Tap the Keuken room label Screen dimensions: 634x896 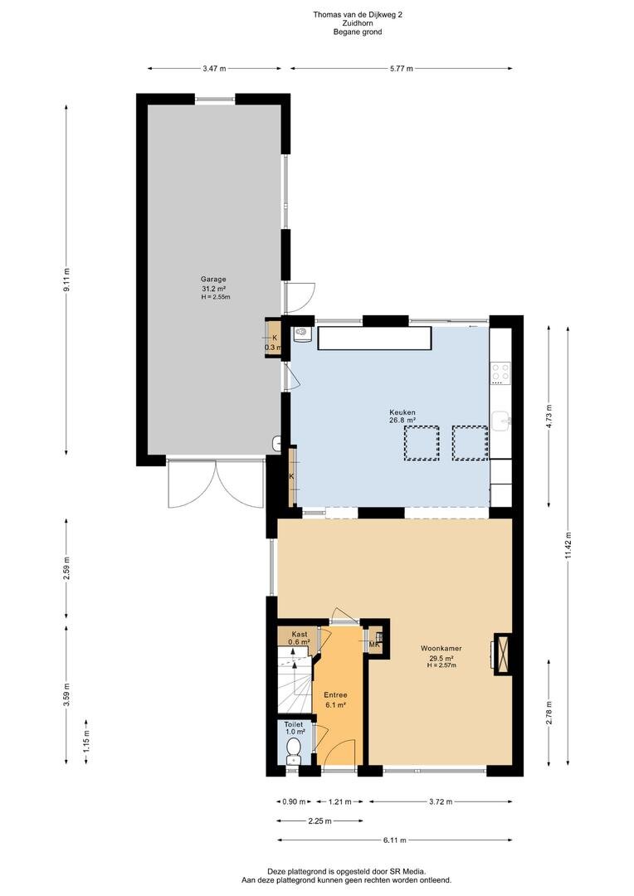click(402, 412)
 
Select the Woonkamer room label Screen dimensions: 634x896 click(441, 649)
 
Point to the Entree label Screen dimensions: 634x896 click(335, 695)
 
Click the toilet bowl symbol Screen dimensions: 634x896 click(293, 749)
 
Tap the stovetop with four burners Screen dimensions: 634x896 click(501, 373)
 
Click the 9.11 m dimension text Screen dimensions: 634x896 click(66, 280)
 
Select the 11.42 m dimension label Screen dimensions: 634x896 click(568, 548)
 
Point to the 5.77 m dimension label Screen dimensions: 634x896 click(402, 69)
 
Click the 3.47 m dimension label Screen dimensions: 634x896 click(214, 69)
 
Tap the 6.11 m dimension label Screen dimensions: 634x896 click(394, 840)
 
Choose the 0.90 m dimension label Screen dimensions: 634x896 click(294, 801)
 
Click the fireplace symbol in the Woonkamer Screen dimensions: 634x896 click(503, 654)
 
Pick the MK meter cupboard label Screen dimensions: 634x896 click(375, 645)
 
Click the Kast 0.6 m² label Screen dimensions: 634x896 click(299, 638)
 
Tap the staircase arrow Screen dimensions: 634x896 click(295, 672)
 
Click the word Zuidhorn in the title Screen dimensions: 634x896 click(358, 23)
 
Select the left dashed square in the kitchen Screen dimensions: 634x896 click(422, 443)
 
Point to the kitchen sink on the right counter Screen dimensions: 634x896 click(501, 421)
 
